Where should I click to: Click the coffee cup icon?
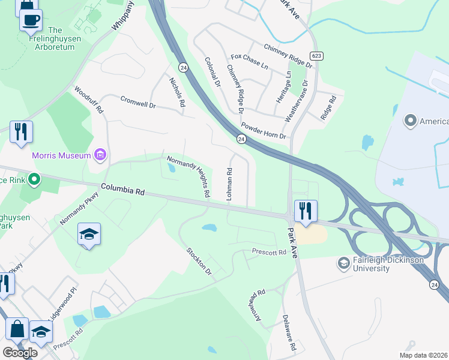coord(30,19)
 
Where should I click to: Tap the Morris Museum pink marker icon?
coord(100,156)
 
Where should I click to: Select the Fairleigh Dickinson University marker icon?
coord(343,263)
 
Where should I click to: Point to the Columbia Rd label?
coord(123,190)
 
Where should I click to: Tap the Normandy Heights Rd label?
coord(188,175)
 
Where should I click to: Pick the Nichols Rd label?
coord(176,92)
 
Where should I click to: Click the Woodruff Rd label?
coord(89,101)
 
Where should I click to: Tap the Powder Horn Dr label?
coord(264,131)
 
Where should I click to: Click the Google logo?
coord(20,353)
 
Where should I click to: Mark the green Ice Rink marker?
coord(35,179)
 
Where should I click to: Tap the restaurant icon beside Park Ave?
coord(306,211)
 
